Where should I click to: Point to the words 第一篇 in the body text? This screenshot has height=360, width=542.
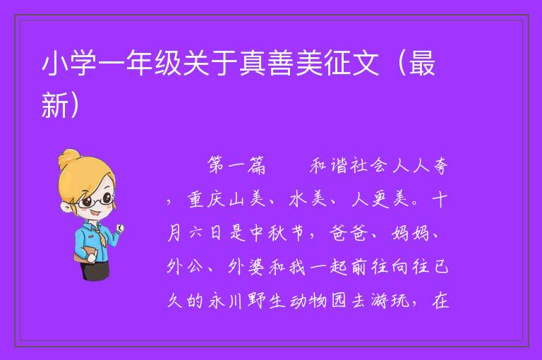(237, 165)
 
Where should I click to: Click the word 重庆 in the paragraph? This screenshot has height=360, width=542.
(205, 200)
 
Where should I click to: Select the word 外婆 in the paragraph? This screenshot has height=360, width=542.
(246, 267)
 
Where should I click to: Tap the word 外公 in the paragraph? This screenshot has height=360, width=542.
(185, 267)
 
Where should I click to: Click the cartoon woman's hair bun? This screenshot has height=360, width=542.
(69, 158)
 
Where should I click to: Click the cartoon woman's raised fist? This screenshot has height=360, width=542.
(119, 227)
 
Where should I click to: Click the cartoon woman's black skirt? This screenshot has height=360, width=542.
(95, 270)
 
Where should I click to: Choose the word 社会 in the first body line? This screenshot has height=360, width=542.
(368, 165)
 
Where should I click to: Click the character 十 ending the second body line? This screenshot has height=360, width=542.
(440, 200)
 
